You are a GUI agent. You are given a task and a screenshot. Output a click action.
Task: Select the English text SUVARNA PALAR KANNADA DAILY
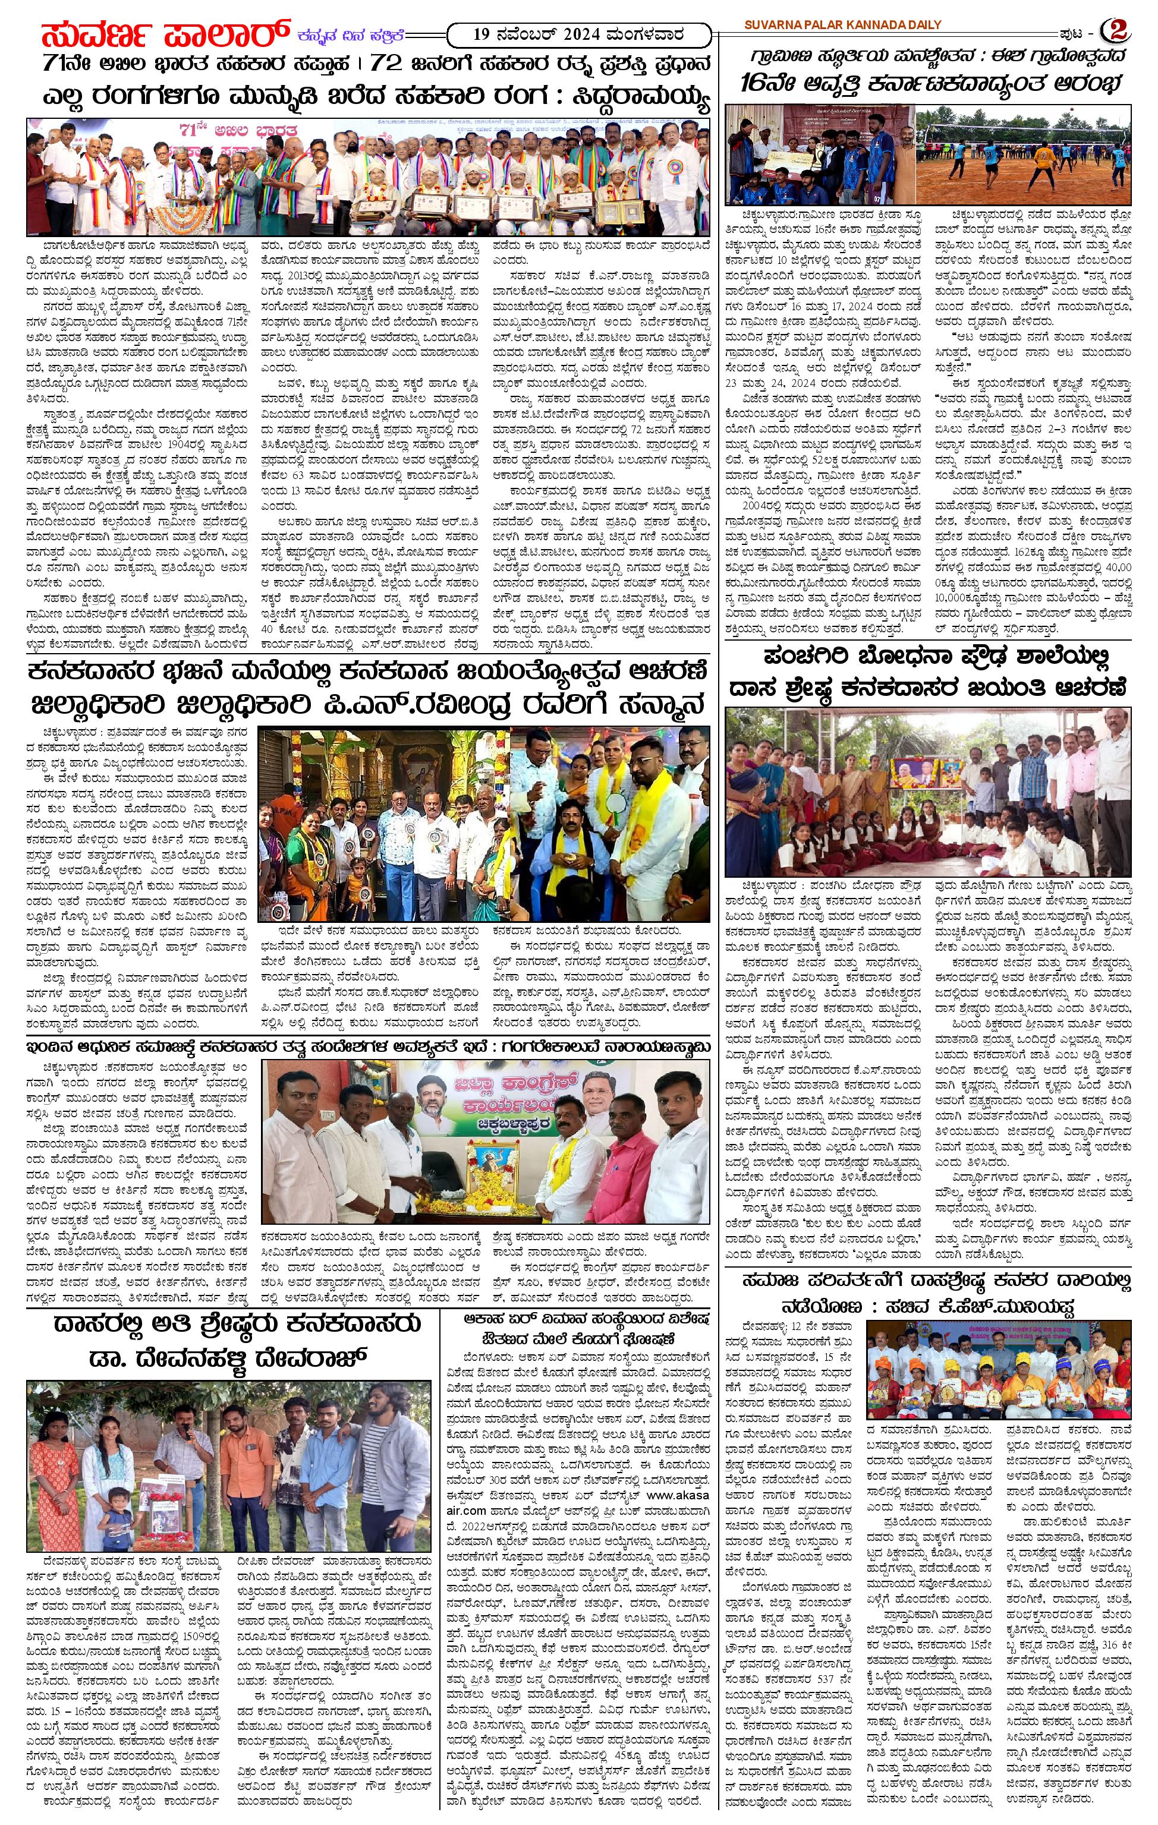pos(841,24)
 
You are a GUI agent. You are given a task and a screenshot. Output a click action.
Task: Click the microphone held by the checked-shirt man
pos(187,1427)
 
